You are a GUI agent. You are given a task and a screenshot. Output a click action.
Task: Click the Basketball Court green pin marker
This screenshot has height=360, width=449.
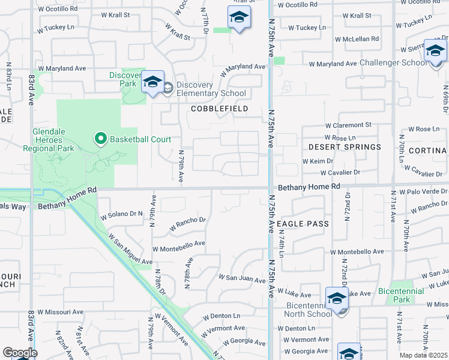click(x=101, y=140)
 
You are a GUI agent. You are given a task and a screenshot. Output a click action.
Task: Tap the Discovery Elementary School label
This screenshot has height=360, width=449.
click(x=211, y=93)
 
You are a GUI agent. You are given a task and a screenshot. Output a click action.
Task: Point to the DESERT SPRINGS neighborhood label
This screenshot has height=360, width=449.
click(x=345, y=146)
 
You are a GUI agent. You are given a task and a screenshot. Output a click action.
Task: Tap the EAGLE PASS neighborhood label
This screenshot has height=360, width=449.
click(x=304, y=224)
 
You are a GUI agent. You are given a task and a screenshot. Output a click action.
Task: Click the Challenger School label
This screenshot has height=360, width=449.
click(x=393, y=62)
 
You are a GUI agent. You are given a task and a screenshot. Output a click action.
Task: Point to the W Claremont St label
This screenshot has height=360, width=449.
click(x=348, y=126)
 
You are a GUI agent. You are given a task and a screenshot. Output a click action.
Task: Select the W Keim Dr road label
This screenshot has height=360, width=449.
click(x=318, y=161)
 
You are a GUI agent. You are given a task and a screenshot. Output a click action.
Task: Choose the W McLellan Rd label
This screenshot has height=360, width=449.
click(x=357, y=39)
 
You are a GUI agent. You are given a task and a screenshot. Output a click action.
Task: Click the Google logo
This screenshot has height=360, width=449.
click(x=20, y=353)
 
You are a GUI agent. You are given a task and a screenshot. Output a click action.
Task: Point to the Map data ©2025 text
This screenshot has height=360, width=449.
click(x=423, y=355)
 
